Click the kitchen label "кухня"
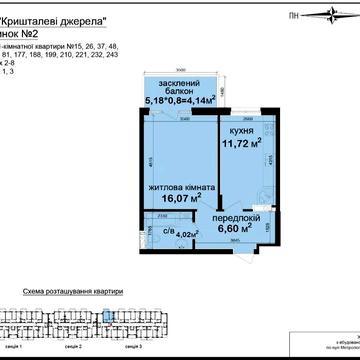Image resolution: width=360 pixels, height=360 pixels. (x=238, y=130)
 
